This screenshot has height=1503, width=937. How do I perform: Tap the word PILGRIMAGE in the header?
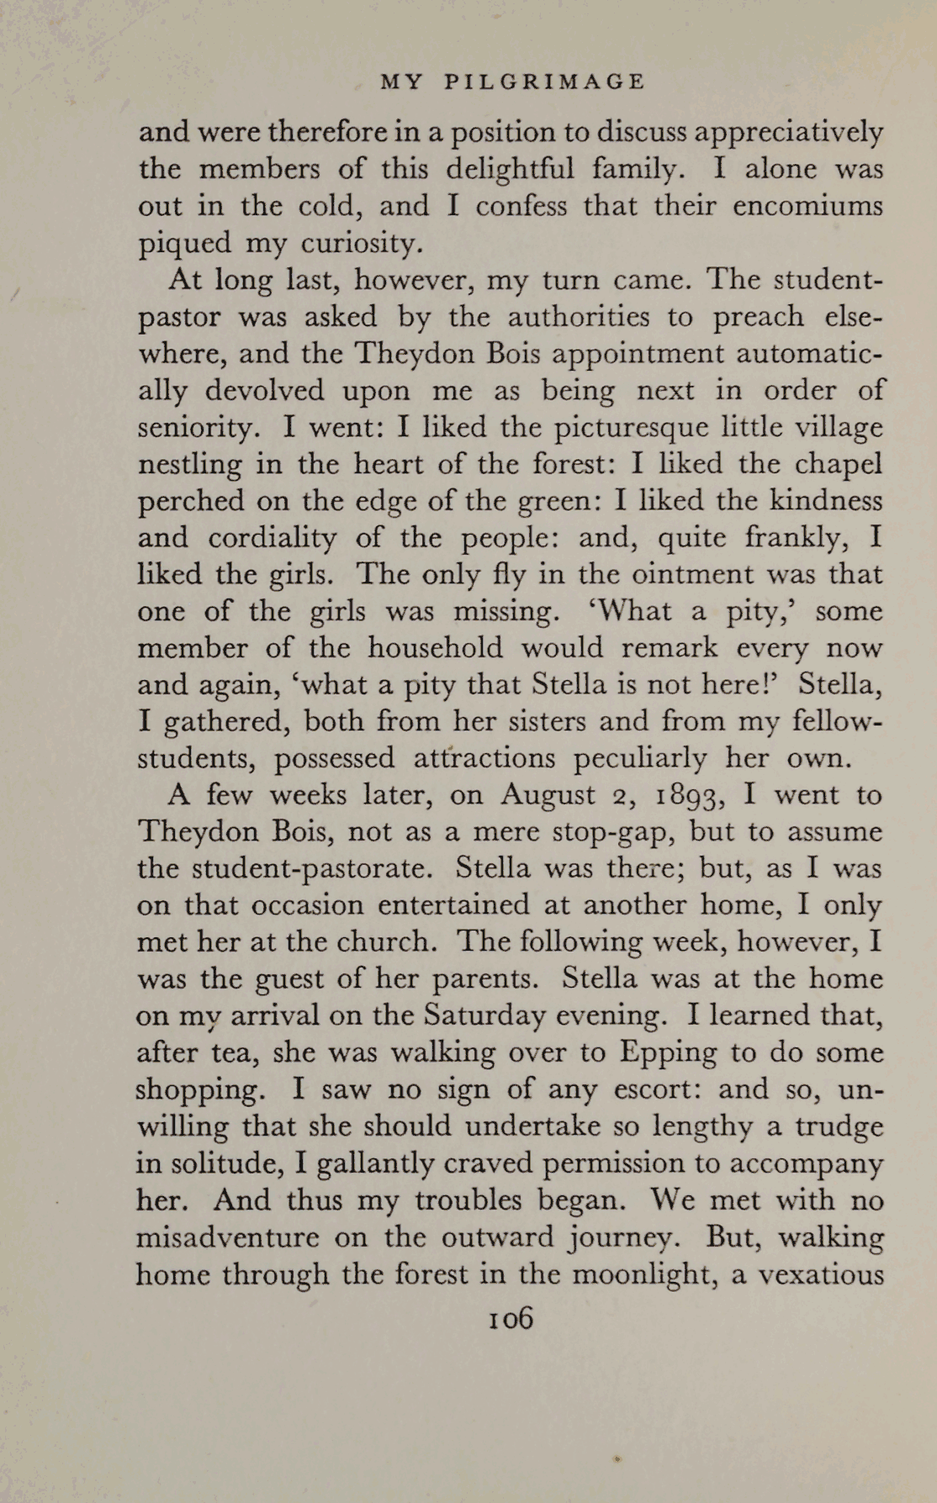(x=543, y=82)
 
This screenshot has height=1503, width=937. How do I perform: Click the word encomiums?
(x=807, y=207)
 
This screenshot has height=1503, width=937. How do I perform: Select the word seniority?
(x=193, y=429)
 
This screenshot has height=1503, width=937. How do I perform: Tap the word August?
(x=549, y=795)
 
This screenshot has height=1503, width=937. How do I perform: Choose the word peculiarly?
(x=641, y=759)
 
